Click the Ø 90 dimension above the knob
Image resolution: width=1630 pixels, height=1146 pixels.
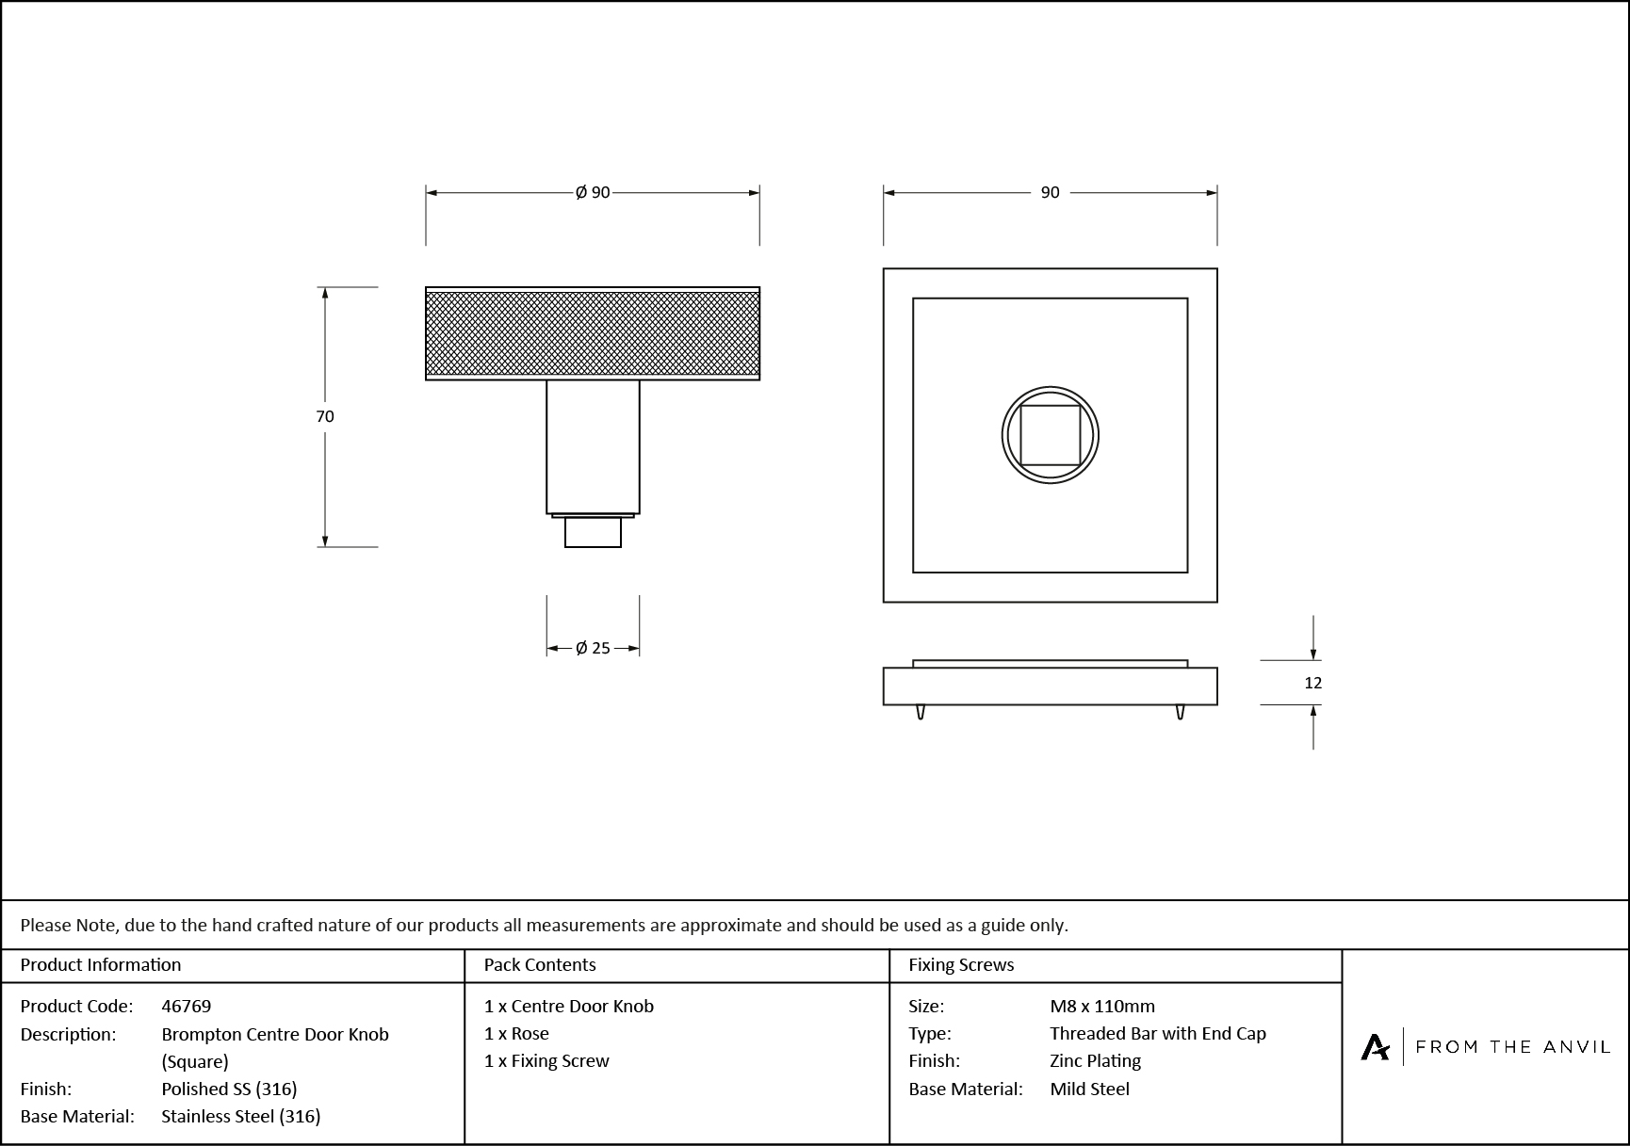[x=593, y=192]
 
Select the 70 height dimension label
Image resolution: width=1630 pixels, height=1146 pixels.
[x=325, y=416]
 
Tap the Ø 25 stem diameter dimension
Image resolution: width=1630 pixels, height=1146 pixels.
[x=593, y=648]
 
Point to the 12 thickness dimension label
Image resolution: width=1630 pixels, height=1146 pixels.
[x=1312, y=683]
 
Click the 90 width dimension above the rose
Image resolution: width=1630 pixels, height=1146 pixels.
[x=1050, y=192]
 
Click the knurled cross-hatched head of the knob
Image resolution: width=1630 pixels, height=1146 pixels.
[x=593, y=333]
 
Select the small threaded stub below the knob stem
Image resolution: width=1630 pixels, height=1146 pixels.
[x=593, y=532]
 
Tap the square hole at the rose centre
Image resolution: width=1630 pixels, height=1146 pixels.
[x=1050, y=435]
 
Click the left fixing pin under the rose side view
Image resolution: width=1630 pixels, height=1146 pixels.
[x=921, y=712]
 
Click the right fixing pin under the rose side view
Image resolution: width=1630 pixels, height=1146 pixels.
[x=1180, y=712]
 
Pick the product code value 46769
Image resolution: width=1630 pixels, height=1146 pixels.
[x=187, y=1006]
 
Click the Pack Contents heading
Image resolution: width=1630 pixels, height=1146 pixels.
[x=540, y=964]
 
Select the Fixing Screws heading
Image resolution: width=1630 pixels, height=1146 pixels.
[x=961, y=964]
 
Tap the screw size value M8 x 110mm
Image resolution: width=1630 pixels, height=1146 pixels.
[x=1102, y=1006]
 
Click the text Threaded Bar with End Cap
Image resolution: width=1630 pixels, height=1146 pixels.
[x=1158, y=1033]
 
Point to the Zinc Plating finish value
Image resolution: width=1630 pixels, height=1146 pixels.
[x=1095, y=1060]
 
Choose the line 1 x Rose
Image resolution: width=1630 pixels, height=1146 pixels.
[x=516, y=1033]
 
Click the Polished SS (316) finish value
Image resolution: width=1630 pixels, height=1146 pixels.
[x=229, y=1089]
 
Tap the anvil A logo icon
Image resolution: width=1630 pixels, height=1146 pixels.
[x=1375, y=1047]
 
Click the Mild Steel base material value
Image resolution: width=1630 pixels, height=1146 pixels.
[x=1089, y=1089]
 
